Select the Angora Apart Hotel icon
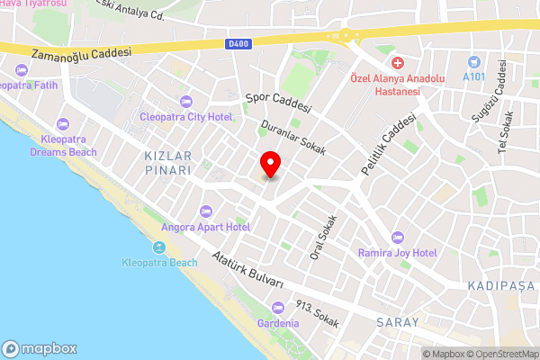[205, 211]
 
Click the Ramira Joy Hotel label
[398, 253]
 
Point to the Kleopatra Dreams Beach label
[64, 146]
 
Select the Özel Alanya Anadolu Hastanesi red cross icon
[397, 63]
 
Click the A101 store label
[473, 76]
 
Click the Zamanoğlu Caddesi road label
[81, 56]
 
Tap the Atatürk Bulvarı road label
[247, 269]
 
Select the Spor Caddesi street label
[278, 100]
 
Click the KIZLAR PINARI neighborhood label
[168, 162]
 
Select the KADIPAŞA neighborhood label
[501, 285]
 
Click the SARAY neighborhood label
[400, 322]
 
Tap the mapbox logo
[40, 348]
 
